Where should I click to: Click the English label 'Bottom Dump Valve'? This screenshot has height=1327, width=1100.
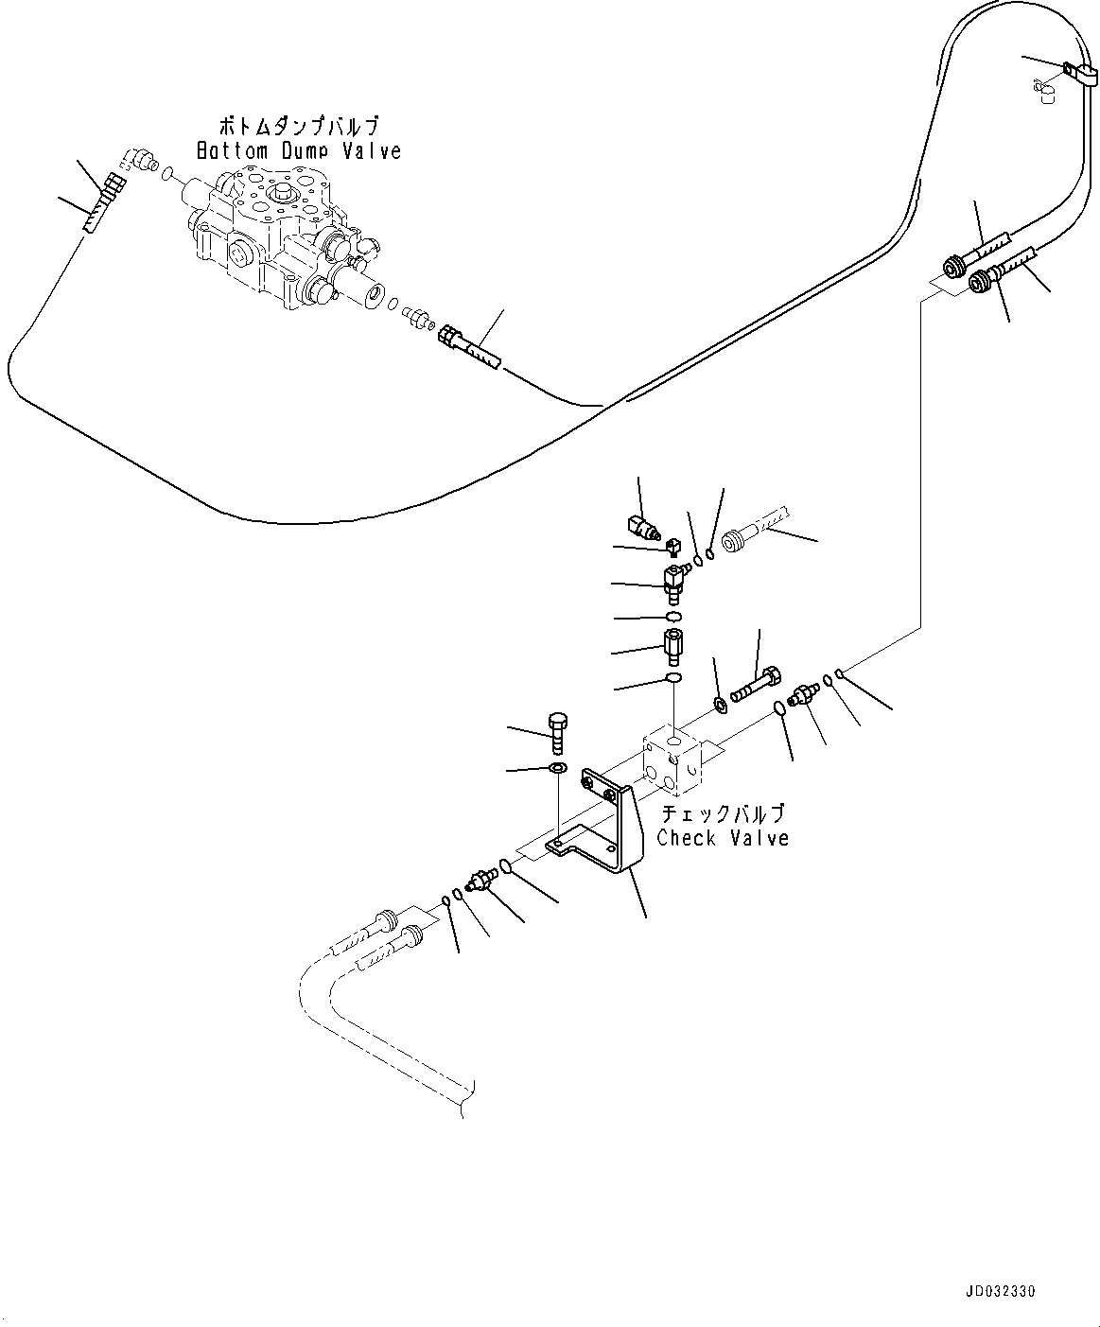pos(299,150)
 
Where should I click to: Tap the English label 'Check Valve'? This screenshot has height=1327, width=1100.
pos(723,837)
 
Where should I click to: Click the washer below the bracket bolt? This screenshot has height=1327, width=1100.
pos(558,767)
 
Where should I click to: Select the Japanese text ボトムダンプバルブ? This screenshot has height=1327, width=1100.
pos(299,126)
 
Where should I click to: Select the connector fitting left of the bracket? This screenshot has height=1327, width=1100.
pos(484,880)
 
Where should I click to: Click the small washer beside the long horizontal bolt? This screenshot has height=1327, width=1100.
pos(722,703)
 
